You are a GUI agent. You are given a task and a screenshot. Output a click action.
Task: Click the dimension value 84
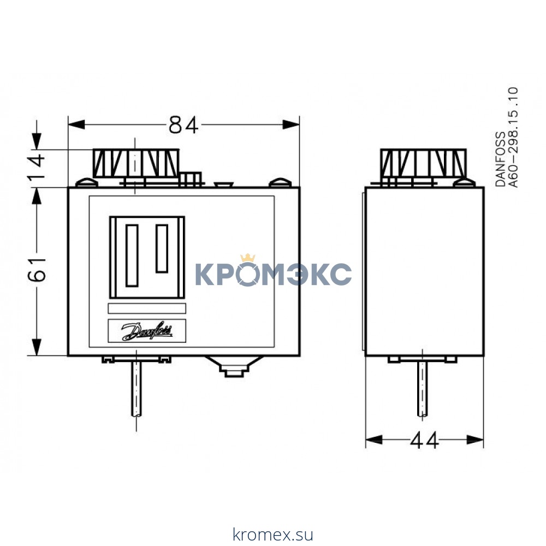(x=182, y=125)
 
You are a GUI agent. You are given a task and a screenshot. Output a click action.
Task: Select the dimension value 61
(x=36, y=269)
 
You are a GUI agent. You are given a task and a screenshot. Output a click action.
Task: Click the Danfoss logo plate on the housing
(x=147, y=331)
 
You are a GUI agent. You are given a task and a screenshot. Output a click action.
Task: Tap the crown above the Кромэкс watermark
(x=248, y=257)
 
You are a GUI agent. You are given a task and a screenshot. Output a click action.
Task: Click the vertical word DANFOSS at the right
(x=500, y=159)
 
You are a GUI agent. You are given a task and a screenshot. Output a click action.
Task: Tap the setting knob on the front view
(x=135, y=162)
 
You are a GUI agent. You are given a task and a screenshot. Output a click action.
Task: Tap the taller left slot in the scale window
(x=132, y=255)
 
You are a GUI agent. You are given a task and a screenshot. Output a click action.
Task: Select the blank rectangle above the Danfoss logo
(x=147, y=308)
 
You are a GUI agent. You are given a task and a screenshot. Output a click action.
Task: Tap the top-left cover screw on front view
(x=84, y=182)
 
